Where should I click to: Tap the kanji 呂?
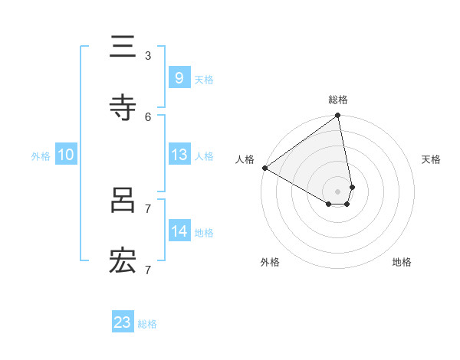click(x=123, y=200)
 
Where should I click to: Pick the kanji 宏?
click(x=123, y=261)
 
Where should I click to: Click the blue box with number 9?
click(x=179, y=77)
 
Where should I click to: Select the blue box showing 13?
click(x=179, y=155)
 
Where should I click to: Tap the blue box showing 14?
click(x=179, y=231)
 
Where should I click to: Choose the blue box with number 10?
click(x=66, y=155)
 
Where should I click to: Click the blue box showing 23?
click(x=123, y=322)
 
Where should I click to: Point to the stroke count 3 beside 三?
click(x=148, y=55)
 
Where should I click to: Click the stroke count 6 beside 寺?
click(x=148, y=116)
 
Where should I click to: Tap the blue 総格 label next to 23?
click(x=147, y=324)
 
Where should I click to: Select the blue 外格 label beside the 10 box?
click(x=41, y=156)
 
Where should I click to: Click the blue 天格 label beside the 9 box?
click(x=203, y=79)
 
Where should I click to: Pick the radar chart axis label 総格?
click(x=338, y=100)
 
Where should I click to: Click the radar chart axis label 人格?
click(x=245, y=159)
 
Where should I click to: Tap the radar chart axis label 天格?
click(x=431, y=159)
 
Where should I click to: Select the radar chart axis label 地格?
click(x=402, y=262)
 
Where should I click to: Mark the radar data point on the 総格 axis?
click(x=338, y=116)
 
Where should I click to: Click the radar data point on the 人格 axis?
click(x=264, y=168)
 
